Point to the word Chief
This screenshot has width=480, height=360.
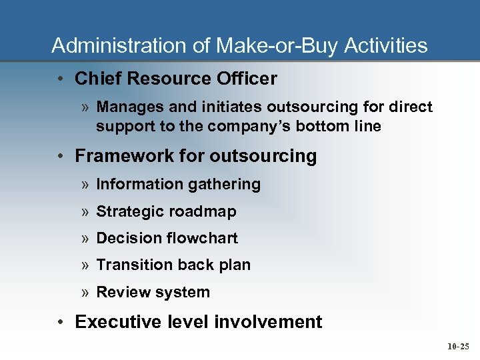coord(97,79)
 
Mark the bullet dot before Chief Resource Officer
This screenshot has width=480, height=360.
coord(61,79)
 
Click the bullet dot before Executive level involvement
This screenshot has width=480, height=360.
coord(61,323)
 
